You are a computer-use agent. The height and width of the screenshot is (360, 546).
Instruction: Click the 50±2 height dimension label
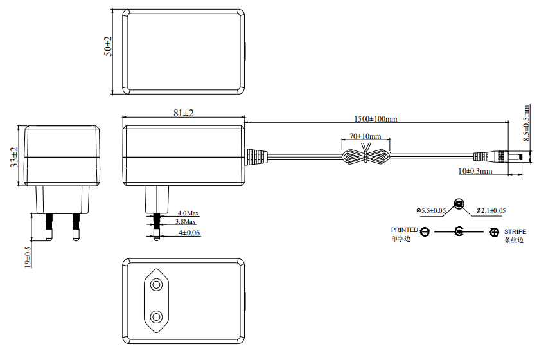(109, 46)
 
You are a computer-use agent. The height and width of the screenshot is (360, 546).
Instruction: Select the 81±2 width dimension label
(184, 113)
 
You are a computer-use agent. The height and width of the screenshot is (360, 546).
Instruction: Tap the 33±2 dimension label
(14, 157)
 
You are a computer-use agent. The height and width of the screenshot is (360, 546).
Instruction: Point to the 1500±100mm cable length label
(376, 119)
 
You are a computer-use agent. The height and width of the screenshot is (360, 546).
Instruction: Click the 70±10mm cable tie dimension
(365, 136)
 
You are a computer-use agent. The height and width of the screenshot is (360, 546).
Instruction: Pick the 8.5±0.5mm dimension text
(526, 123)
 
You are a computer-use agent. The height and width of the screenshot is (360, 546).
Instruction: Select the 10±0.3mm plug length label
(475, 171)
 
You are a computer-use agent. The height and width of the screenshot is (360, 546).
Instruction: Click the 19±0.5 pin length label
(28, 258)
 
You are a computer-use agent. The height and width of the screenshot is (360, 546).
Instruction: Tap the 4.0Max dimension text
(188, 213)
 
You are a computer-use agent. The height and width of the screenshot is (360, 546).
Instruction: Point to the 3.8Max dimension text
(186, 222)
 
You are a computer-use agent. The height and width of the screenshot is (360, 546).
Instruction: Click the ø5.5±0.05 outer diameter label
(430, 210)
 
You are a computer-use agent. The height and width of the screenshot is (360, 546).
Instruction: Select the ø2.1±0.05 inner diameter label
(491, 210)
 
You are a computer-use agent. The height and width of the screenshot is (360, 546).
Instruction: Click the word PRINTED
(404, 230)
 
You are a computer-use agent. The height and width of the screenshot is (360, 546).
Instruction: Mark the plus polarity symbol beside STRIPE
(494, 232)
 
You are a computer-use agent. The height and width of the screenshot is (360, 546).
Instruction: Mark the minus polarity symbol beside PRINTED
(425, 231)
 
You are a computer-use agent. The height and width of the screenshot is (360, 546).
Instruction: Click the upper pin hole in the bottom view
(156, 285)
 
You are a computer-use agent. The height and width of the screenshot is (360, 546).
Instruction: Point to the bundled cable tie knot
(365, 156)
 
